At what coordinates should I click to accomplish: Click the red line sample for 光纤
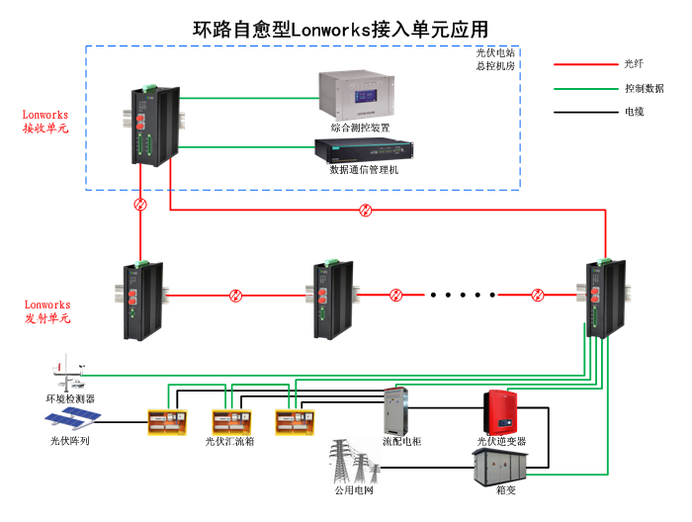click(x=584, y=64)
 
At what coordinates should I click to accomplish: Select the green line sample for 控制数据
click(x=584, y=88)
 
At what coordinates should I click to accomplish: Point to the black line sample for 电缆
click(x=584, y=112)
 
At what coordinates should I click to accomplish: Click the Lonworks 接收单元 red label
click(x=45, y=122)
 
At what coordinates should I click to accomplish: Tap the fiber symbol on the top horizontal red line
click(x=366, y=210)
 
